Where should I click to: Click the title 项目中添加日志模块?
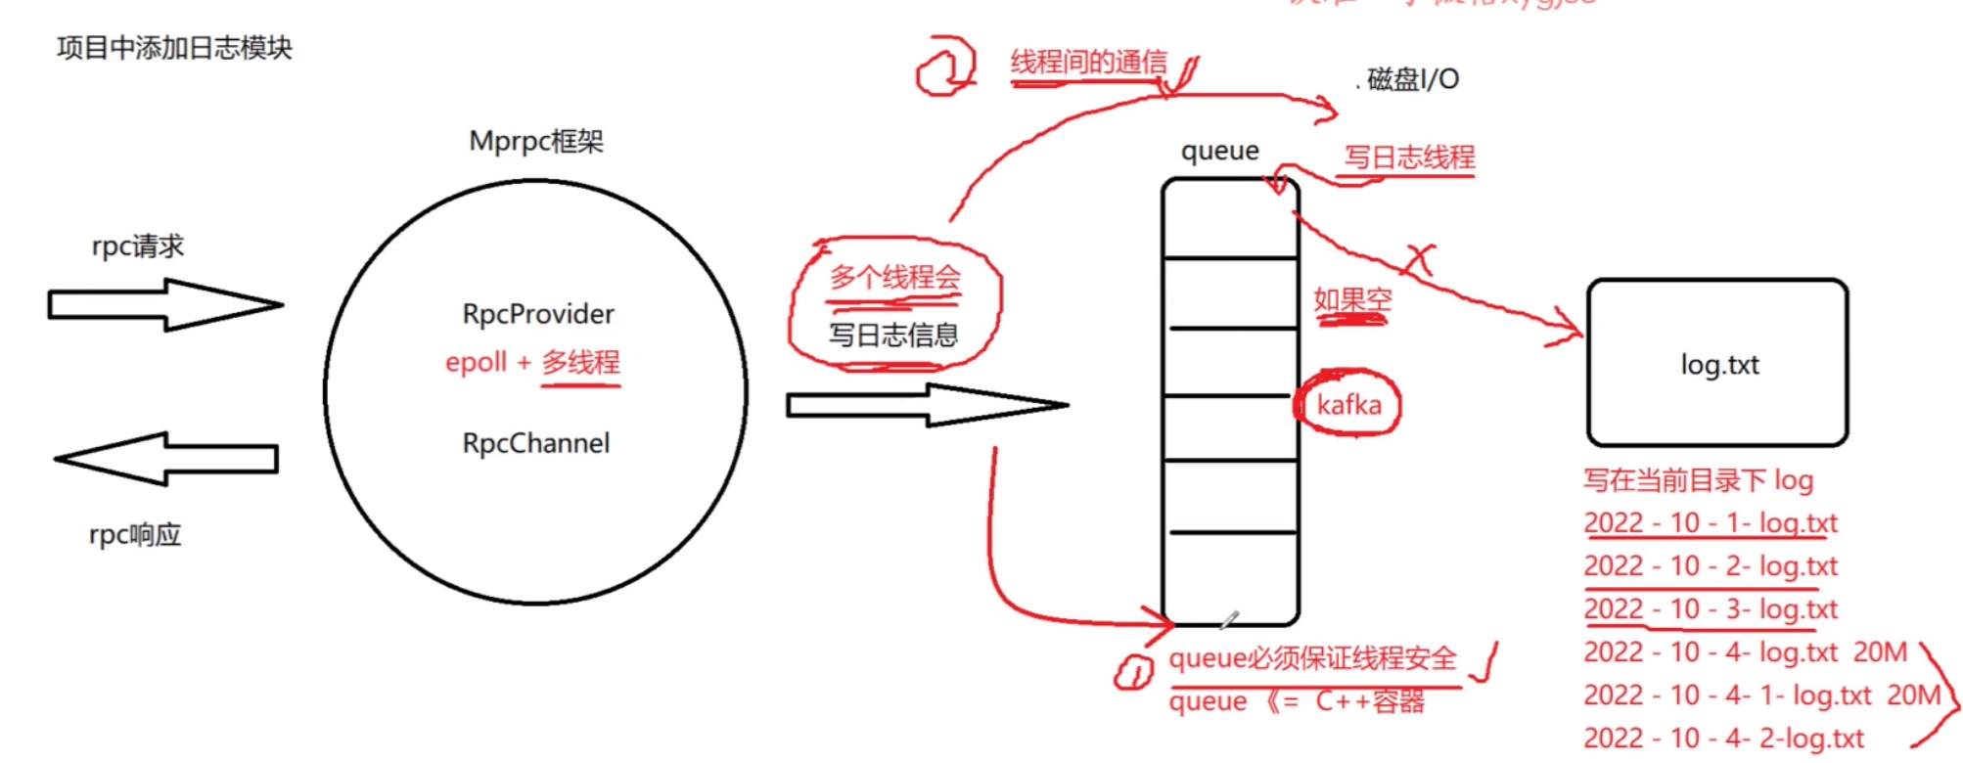click(174, 48)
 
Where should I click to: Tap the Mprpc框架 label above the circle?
click(536, 142)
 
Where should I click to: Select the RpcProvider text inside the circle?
click(538, 314)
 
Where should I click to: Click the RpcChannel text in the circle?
click(536, 443)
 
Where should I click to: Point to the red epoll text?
click(477, 362)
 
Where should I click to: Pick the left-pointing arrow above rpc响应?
click(166, 459)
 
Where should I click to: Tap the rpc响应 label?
click(135, 535)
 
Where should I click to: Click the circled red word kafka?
click(1348, 404)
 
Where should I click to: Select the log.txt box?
click(1717, 363)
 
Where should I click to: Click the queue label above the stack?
click(1219, 151)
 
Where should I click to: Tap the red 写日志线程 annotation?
click(1409, 157)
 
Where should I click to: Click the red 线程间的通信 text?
click(1088, 64)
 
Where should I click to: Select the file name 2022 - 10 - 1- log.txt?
click(1711, 523)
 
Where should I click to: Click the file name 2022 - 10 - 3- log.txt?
click(1711, 609)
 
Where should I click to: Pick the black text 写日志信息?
click(893, 336)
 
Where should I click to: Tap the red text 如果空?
click(1352, 299)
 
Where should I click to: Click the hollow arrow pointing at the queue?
click(925, 404)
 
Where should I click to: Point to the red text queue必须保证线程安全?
click(1312, 658)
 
